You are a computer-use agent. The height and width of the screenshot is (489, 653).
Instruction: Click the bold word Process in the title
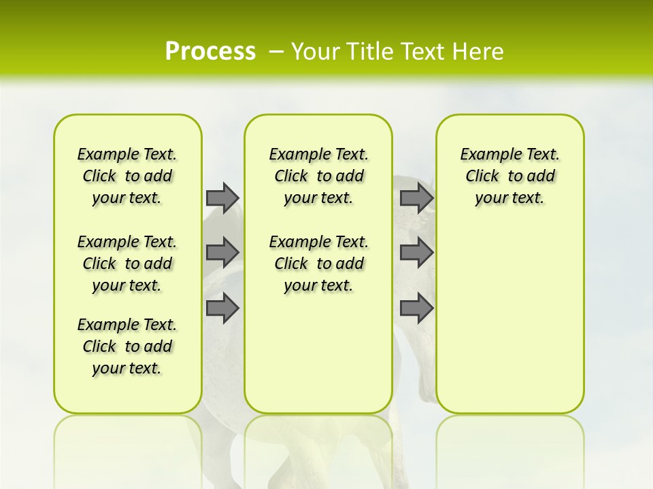(210, 51)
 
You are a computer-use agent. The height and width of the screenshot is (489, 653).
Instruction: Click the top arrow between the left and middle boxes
(222, 198)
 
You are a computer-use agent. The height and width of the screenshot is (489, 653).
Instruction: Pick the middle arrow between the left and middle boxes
(222, 253)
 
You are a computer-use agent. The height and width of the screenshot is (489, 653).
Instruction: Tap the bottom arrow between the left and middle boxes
(222, 308)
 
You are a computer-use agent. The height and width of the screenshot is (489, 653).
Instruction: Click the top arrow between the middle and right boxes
(416, 198)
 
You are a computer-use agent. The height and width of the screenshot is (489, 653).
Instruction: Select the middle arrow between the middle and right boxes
(416, 253)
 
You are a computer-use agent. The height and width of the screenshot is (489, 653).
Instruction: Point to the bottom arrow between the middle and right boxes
(416, 308)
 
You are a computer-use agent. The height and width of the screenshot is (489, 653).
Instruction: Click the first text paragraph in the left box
(127, 176)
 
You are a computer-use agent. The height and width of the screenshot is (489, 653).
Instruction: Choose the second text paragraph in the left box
(127, 264)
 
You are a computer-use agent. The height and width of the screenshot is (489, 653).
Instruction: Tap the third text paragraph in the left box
(127, 346)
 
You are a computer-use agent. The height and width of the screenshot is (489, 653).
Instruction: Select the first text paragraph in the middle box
(318, 176)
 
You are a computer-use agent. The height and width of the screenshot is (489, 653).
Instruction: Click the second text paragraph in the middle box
(318, 264)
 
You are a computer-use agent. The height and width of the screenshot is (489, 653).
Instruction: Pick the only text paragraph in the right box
(509, 176)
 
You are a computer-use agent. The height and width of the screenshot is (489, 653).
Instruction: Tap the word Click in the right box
(482, 177)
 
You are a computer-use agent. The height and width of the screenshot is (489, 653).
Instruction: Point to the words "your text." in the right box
(509, 198)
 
